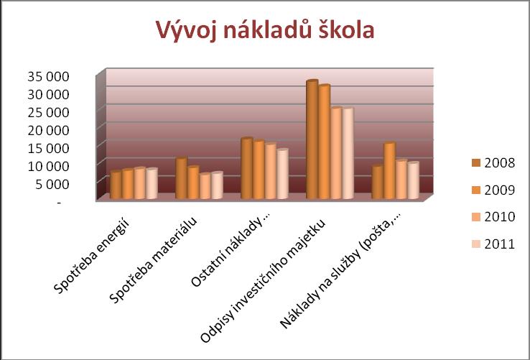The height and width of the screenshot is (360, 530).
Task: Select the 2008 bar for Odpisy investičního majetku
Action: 312,139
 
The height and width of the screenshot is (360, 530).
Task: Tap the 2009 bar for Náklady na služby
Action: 389,170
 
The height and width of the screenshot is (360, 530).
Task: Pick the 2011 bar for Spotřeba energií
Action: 152,183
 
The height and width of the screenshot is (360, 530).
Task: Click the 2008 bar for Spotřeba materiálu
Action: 182,178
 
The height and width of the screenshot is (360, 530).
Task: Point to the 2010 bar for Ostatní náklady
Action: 271,171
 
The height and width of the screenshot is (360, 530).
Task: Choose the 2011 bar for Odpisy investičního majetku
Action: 348,153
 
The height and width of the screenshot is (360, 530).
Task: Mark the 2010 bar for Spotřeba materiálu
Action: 205,186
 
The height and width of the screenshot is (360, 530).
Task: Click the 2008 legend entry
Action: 493,163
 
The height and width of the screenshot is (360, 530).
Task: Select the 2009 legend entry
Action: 493,190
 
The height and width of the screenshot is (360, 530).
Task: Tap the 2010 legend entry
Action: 493,217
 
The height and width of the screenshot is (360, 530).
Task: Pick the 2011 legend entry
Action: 493,244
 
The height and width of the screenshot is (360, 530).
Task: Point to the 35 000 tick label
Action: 48,77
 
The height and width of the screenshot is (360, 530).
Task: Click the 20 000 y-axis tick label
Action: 48,130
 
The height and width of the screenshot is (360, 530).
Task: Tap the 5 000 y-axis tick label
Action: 52,184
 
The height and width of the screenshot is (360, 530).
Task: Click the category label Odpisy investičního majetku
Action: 263,282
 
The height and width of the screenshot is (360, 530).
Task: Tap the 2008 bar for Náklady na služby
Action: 378,182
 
